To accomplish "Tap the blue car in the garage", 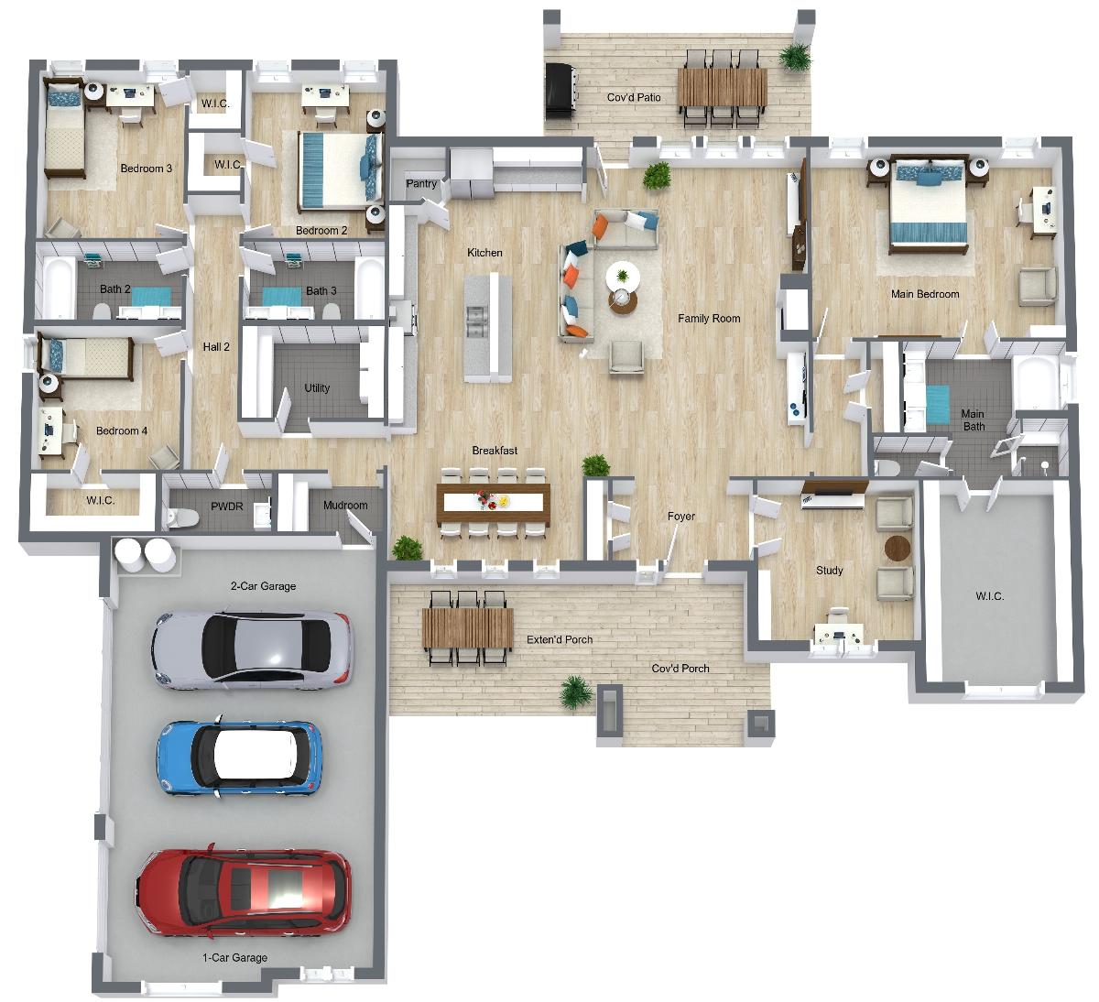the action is tap(239, 758).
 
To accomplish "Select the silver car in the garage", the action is tap(252, 649).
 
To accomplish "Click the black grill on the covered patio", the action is tap(559, 91).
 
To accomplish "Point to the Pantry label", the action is tap(421, 183).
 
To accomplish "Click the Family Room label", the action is tap(709, 318).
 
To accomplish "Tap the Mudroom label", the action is tap(345, 505).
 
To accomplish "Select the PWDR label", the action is tap(227, 506).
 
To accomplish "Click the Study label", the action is tap(829, 570).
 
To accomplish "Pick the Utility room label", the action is tap(317, 387).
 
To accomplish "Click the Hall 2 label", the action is tap(216, 346).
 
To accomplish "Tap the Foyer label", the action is tap(681, 516).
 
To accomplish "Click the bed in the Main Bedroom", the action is tap(928, 204).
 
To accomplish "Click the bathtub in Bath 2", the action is tap(59, 288).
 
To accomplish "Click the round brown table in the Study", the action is tap(898, 548).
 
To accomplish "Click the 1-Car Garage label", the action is tap(234, 957).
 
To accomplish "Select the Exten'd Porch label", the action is tap(560, 639).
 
